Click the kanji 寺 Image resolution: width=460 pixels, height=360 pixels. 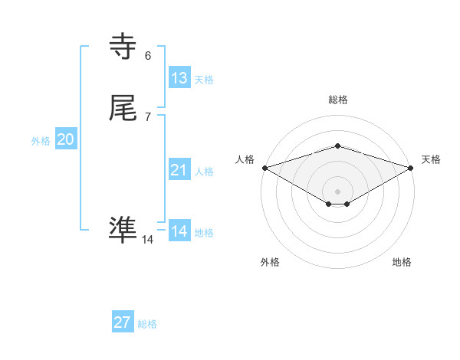(123, 47)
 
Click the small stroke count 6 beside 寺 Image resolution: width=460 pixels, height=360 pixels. (148, 55)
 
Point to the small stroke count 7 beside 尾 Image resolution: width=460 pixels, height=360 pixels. (148, 116)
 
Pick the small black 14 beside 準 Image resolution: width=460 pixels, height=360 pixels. (148, 240)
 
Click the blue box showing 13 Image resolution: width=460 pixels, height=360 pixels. (179, 78)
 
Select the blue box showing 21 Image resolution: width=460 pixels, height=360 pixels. (179, 170)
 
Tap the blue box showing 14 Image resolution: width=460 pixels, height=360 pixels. (179, 231)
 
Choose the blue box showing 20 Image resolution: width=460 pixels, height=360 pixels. (66, 139)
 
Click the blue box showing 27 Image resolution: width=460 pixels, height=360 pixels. (123, 322)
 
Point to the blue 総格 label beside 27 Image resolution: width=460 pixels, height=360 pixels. (147, 324)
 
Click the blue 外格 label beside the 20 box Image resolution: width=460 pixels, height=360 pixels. (41, 141)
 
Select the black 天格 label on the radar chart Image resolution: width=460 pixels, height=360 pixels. (431, 159)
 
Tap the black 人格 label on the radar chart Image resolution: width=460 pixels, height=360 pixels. (245, 159)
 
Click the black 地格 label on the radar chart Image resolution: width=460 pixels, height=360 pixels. (402, 262)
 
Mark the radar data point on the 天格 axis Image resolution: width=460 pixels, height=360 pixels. (412, 168)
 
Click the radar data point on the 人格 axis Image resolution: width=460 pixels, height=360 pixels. (264, 168)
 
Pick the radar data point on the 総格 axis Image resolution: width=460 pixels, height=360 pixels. (338, 146)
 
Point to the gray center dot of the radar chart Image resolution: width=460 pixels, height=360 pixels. (338, 191)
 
